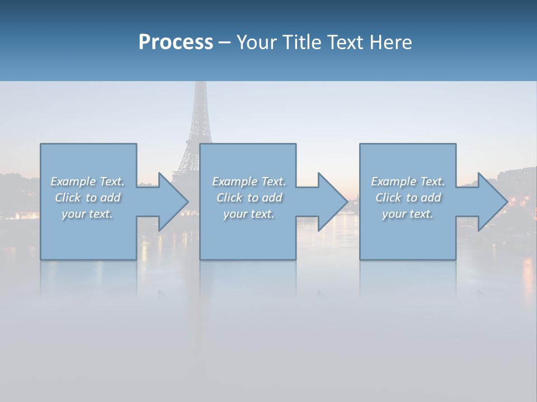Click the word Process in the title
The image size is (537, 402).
click(176, 42)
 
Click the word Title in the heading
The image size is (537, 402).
click(302, 42)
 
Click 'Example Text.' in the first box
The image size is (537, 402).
click(87, 181)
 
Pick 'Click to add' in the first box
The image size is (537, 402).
click(87, 198)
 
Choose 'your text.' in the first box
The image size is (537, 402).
click(87, 214)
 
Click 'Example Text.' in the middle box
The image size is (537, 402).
click(249, 181)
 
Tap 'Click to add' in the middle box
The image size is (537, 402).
click(249, 198)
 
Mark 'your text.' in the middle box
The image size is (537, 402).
click(249, 214)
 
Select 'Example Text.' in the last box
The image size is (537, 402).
click(408, 181)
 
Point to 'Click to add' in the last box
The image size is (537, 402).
click(408, 198)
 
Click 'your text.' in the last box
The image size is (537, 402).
click(408, 214)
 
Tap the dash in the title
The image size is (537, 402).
click(224, 43)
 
